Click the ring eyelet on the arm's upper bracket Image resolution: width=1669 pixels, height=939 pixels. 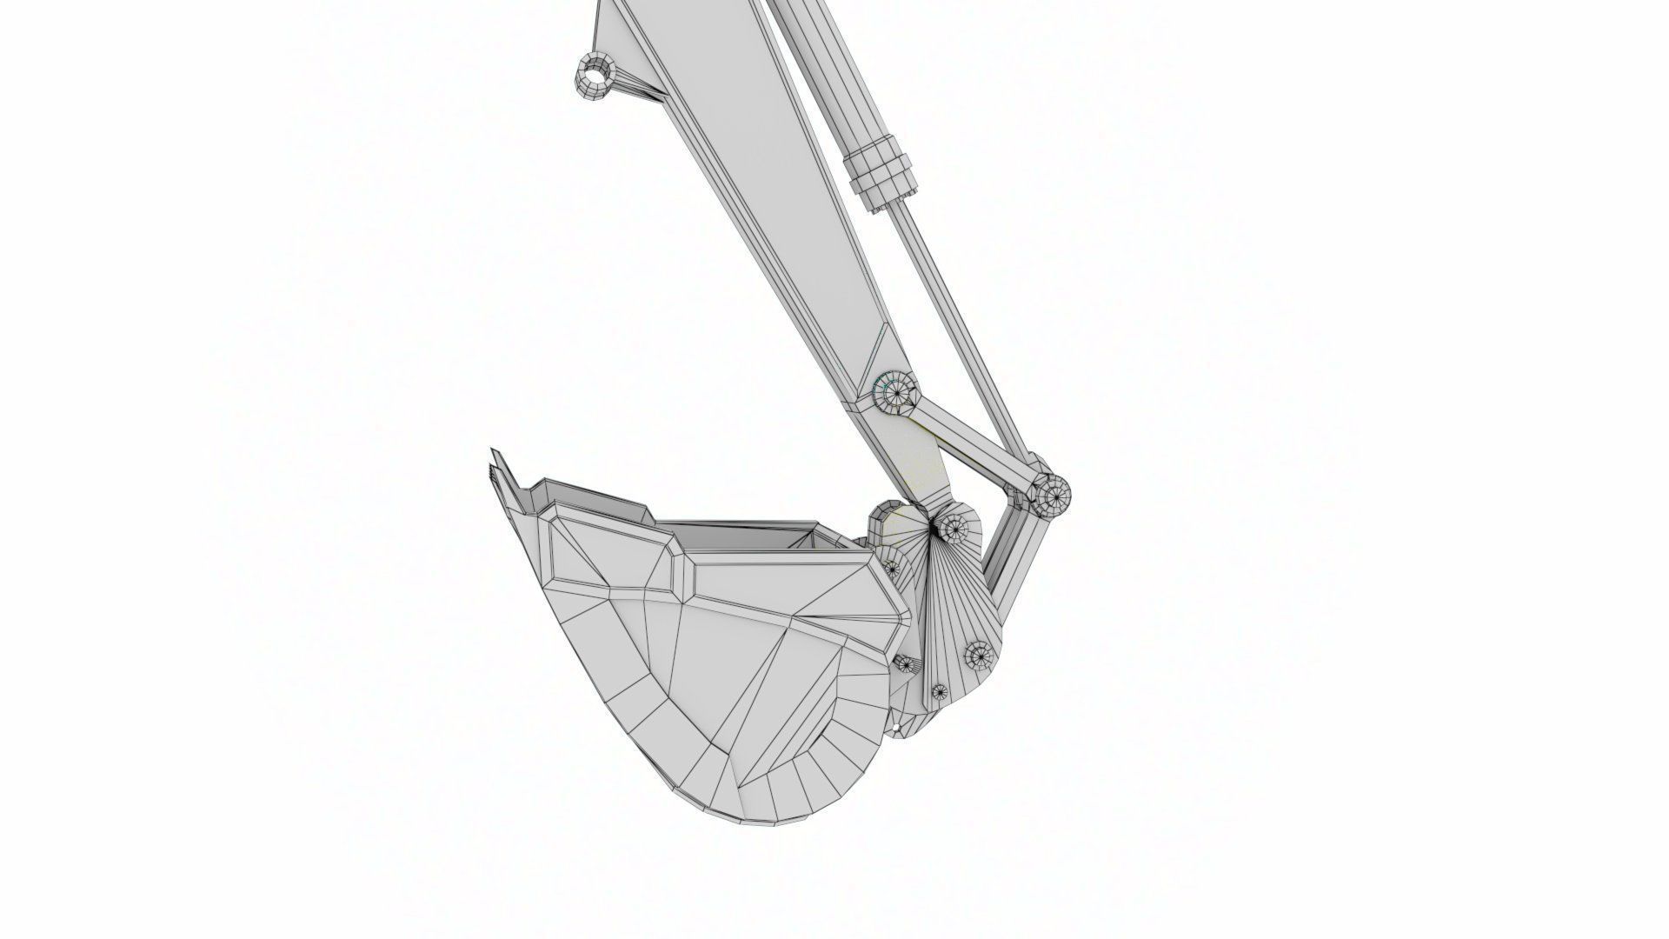click(595, 77)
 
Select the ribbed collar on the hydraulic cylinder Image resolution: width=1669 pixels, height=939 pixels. click(881, 170)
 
